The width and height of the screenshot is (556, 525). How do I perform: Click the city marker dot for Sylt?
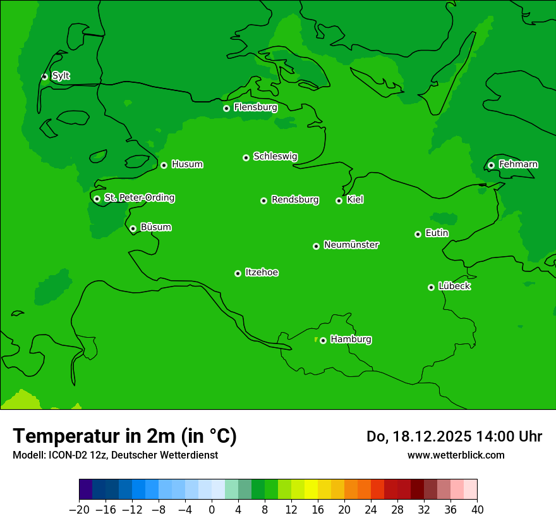point(44,77)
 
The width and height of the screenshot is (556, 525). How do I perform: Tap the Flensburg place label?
point(255,108)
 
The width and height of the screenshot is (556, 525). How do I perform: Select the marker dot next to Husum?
point(164,165)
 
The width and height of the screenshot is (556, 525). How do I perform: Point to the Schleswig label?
point(275,156)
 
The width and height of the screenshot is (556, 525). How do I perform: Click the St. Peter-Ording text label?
point(139,198)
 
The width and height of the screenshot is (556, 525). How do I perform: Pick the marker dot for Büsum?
point(133,228)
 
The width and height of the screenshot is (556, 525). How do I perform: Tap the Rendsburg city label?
point(295,200)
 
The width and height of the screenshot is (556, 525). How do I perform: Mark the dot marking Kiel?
point(339,201)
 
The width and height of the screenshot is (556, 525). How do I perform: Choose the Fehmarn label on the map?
point(518,164)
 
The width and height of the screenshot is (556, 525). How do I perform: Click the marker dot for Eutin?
point(418,234)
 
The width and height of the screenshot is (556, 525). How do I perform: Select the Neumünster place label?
point(351,245)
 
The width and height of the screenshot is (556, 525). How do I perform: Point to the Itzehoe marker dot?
point(238,273)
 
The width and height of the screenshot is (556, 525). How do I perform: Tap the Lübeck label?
point(454,286)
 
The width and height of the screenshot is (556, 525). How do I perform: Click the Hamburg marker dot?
point(323,340)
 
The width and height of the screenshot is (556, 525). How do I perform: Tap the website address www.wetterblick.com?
point(456,455)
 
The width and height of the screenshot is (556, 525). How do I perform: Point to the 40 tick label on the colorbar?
point(477,510)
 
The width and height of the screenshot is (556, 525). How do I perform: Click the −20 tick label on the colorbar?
point(79,510)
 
